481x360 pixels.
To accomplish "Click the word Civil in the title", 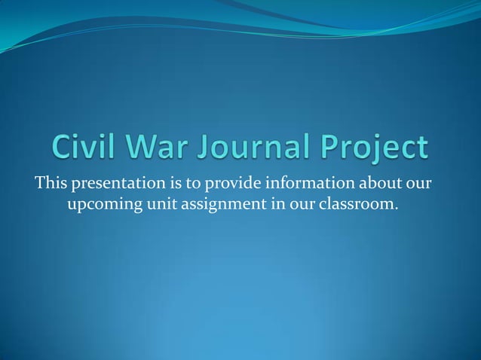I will [88, 148].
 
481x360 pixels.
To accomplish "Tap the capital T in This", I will [37, 183].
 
